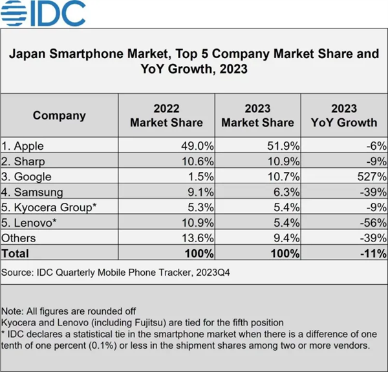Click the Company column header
click(x=59, y=116)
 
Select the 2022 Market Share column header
click(x=166, y=116)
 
